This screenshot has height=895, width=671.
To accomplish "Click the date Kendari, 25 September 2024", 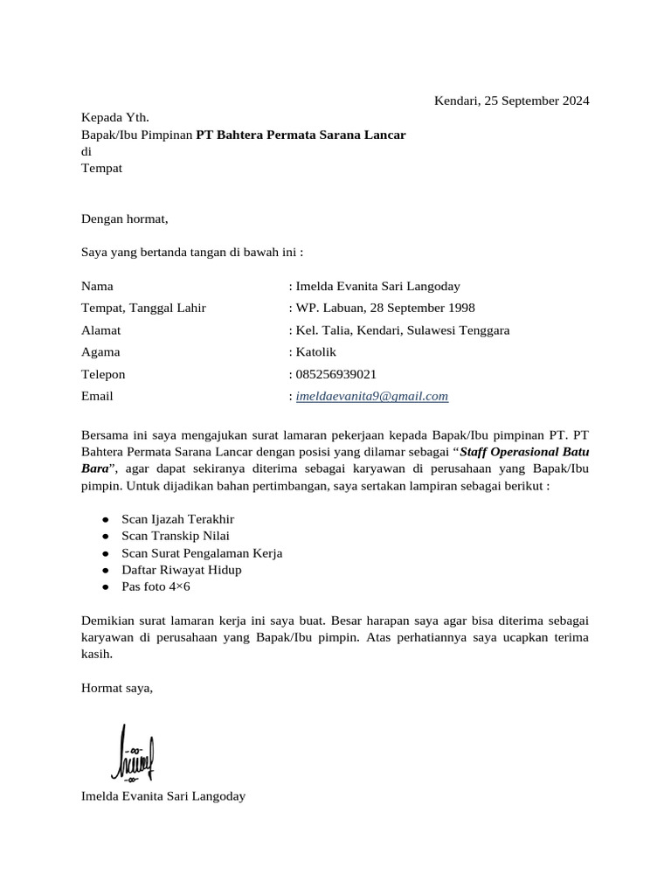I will point(512,101).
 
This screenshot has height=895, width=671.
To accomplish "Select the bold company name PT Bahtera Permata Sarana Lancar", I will point(301,135).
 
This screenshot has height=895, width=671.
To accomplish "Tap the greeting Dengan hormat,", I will point(124,219).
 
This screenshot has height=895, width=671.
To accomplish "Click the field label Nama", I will point(97,286).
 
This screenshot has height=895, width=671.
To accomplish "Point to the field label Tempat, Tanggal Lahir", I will point(143,308).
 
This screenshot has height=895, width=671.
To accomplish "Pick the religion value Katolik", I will point(315,352).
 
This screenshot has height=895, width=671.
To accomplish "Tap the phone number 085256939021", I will point(336,374).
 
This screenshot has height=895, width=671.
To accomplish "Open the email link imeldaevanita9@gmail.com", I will point(372,396).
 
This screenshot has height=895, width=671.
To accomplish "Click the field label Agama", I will point(100,352).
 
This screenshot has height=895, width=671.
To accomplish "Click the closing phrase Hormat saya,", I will point(117,688).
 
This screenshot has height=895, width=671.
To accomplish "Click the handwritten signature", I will point(133,753).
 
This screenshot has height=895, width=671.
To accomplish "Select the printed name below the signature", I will point(163,796).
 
